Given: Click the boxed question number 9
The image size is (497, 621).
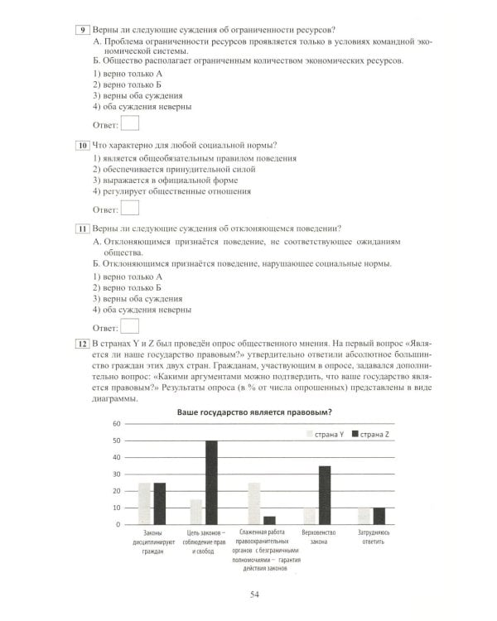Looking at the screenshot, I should pos(82,31).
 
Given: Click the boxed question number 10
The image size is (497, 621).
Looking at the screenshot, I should pos(82,145).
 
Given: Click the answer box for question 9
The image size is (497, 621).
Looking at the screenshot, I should pos(130,124).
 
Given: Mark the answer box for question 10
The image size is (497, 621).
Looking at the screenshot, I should pos(130,209).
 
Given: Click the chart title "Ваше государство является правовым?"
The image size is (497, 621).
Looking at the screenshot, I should pos(260,412).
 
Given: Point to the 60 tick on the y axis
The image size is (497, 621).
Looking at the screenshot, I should pos(117,424).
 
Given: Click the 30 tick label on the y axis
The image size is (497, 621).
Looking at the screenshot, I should pos(117,474).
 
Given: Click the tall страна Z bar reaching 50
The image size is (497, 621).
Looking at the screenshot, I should pos(211,482).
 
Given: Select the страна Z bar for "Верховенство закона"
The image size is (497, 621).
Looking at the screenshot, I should pos(325,495).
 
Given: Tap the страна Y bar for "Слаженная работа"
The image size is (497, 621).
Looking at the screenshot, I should pos(253,503).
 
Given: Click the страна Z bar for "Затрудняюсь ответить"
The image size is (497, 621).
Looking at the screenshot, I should pos(379,516).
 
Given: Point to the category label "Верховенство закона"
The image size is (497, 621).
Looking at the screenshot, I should pos(316,537).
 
